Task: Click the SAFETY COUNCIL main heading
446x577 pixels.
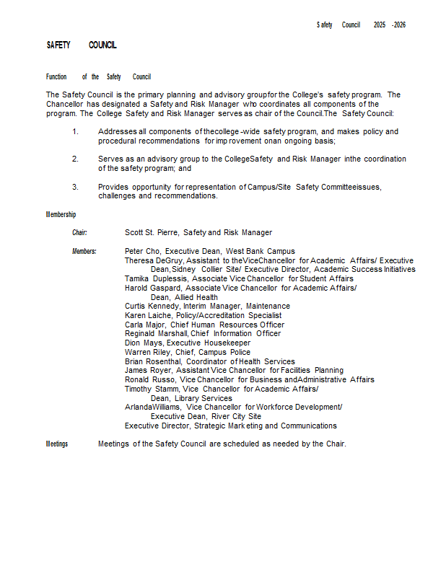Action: pos(82,45)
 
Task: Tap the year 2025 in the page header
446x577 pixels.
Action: pos(380,25)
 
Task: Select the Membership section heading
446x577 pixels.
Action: pos(61,215)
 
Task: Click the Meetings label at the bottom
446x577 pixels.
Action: pos(57,444)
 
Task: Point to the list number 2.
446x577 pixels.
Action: pos(75,159)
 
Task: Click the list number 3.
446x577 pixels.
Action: pos(75,187)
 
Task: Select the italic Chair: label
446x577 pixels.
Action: pos(79,232)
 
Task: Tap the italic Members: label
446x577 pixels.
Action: pos(84,251)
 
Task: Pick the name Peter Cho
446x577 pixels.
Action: pos(142,251)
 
